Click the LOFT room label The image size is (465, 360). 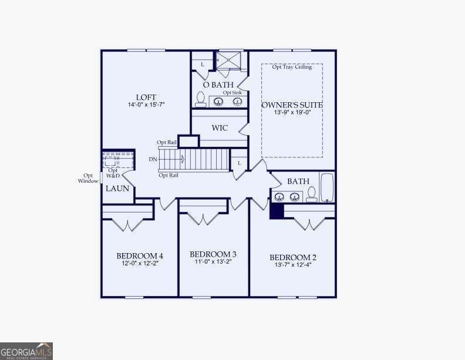pyautogui.click(x=146, y=97)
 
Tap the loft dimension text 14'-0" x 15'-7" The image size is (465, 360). pyautogui.click(x=146, y=105)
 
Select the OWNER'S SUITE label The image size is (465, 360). pyautogui.click(x=292, y=105)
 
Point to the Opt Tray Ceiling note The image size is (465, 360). pyautogui.click(x=292, y=67)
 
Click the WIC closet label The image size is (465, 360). pyautogui.click(x=220, y=128)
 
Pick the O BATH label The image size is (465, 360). pyautogui.click(x=218, y=85)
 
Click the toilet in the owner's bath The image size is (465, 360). pyautogui.click(x=200, y=99)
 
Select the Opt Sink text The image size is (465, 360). pyautogui.click(x=232, y=93)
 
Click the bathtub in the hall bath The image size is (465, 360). pyautogui.click(x=326, y=187)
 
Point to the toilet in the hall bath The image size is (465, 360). pyautogui.click(x=311, y=194)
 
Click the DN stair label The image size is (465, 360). pyautogui.click(x=153, y=159)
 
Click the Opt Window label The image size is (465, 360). pyautogui.click(x=88, y=178)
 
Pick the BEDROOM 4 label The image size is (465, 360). pyautogui.click(x=140, y=256)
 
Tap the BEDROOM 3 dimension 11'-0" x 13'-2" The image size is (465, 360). pyautogui.click(x=213, y=262)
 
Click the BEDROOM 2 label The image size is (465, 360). pyautogui.click(x=293, y=258)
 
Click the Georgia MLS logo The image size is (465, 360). pyautogui.click(x=26, y=351)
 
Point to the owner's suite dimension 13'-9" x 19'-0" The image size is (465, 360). pyautogui.click(x=292, y=113)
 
